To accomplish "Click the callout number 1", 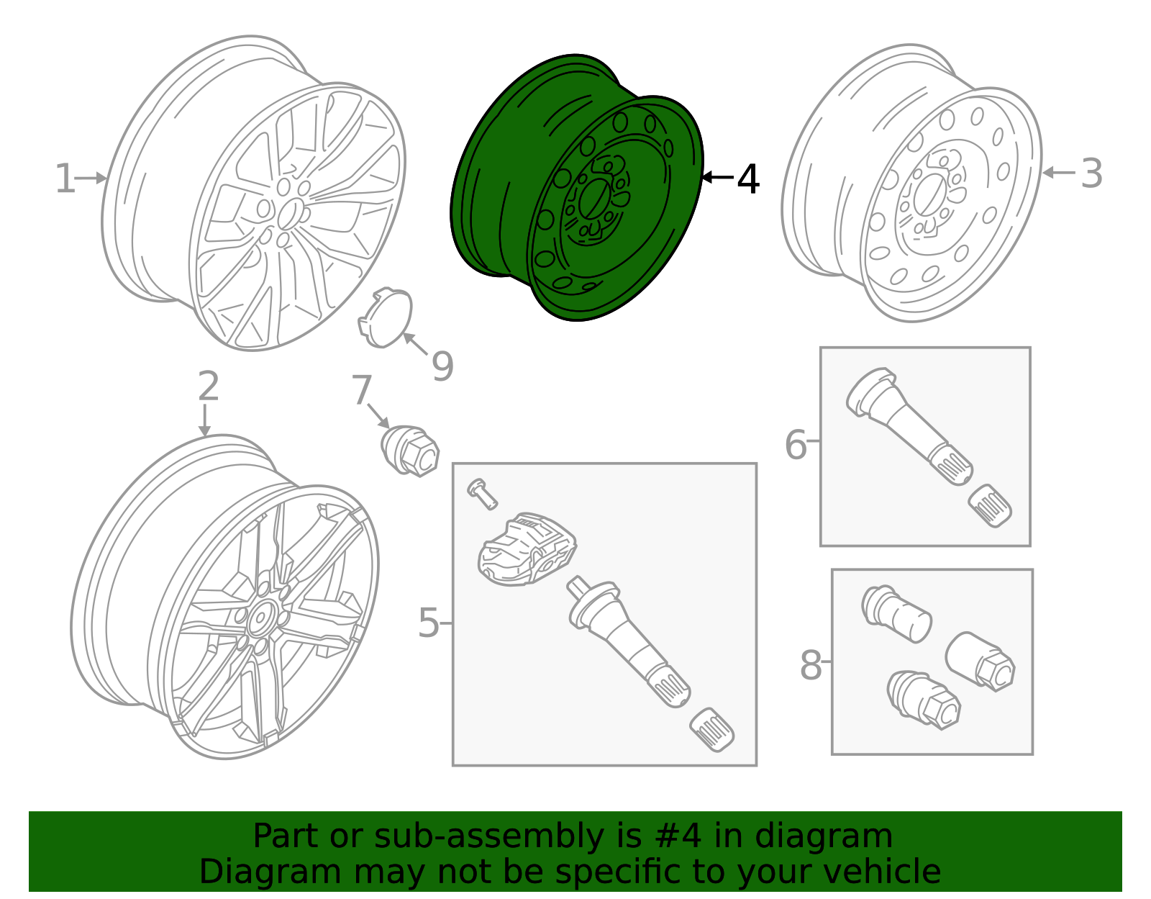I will pos(65,179).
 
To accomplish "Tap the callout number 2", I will pos(208,387).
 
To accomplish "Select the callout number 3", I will pos(1091,174).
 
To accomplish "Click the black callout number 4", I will pos(748,179).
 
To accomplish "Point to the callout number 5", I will pos(428,623).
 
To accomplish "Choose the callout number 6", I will pos(796,445).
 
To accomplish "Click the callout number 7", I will pos(361,391).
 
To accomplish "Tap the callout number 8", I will pos(811,665).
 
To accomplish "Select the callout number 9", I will pos(442,366).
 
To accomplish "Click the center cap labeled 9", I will pos(386,318).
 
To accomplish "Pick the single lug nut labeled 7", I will pos(410,451).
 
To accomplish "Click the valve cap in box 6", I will pos(991,505).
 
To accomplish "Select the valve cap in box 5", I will pos(711,730).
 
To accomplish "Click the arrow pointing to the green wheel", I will pos(717,177).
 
